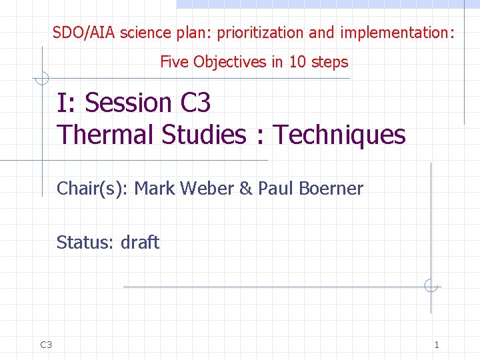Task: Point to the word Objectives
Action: tap(231, 62)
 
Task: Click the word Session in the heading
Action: tap(129, 103)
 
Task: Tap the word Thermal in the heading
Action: tap(102, 135)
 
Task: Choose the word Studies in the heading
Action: tap(203, 135)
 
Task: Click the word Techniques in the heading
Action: tap(339, 135)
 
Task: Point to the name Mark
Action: tap(155, 189)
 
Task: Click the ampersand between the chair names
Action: tap(245, 189)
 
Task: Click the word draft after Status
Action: tap(140, 242)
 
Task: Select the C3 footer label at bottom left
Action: tap(46, 345)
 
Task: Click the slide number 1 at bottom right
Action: tap(437, 345)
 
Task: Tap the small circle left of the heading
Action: tap(42, 79)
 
